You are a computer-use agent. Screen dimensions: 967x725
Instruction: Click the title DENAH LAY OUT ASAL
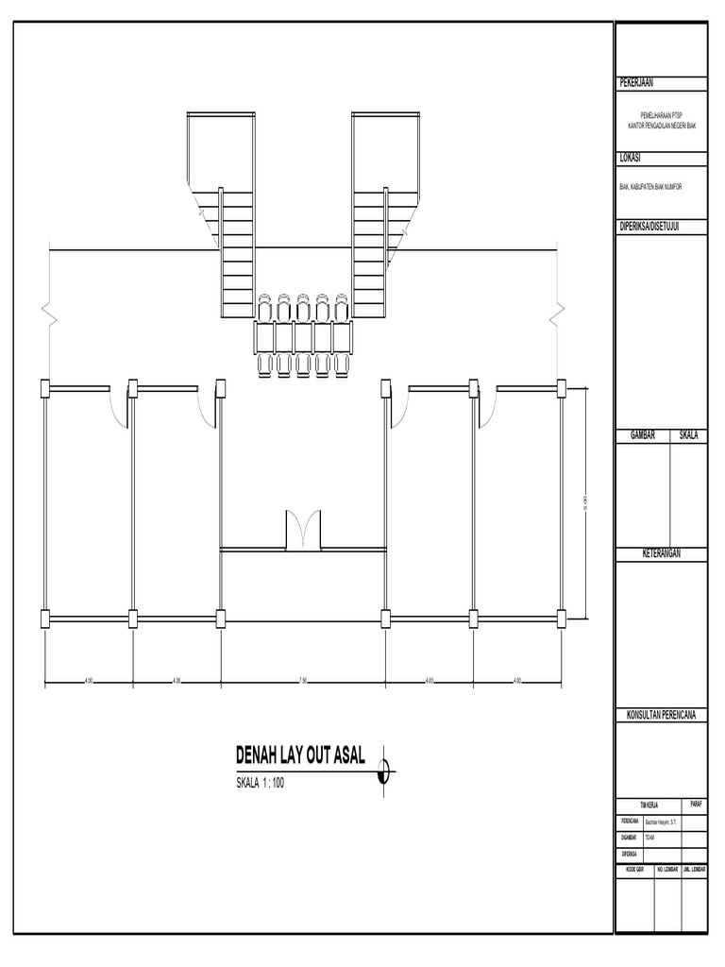pyautogui.click(x=299, y=755)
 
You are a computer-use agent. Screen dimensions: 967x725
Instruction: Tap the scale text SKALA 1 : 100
pyautogui.click(x=260, y=781)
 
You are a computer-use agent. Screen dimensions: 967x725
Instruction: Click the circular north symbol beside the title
pyautogui.click(x=383, y=771)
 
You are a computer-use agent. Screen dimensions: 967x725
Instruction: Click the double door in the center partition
pyautogui.click(x=303, y=529)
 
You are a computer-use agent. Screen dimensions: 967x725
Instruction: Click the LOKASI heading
pyautogui.click(x=630, y=158)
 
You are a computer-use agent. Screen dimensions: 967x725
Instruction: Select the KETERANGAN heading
pyautogui.click(x=661, y=553)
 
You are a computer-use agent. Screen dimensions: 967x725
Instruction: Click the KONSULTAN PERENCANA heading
pyautogui.click(x=661, y=714)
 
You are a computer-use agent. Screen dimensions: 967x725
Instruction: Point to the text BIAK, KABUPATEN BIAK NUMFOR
pyautogui.click(x=649, y=187)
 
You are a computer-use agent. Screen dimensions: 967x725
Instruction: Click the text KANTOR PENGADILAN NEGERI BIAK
pyautogui.click(x=661, y=125)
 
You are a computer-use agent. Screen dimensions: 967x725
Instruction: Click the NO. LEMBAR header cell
pyautogui.click(x=667, y=868)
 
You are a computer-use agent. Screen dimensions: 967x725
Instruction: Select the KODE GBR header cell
pyautogui.click(x=634, y=868)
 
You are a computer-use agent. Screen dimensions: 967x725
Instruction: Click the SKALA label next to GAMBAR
pyautogui.click(x=688, y=435)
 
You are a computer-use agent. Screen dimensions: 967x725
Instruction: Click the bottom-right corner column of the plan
pyautogui.click(x=561, y=619)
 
